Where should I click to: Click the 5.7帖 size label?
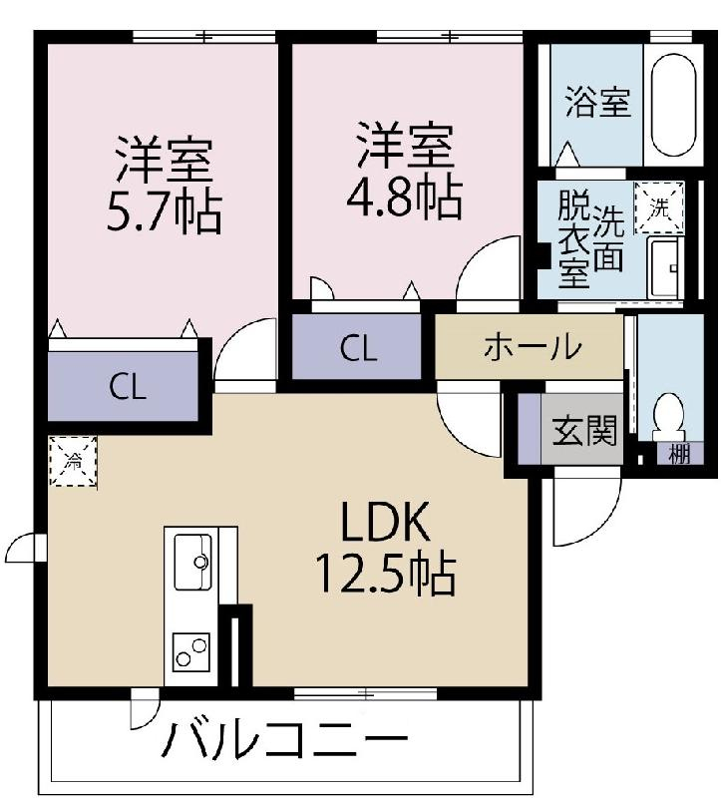164,212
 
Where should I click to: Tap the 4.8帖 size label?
405,198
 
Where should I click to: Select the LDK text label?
385,522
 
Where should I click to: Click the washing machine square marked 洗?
659,207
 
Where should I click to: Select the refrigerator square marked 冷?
73,461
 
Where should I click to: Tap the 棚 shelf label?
679,454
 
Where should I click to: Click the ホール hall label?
533,347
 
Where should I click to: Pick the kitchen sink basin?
192,562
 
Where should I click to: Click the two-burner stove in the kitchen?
190,652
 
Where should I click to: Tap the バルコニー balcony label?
285,739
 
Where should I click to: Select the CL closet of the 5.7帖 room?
123,387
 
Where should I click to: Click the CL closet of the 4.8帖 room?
357,347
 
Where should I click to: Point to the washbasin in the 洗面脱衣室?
664,267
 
